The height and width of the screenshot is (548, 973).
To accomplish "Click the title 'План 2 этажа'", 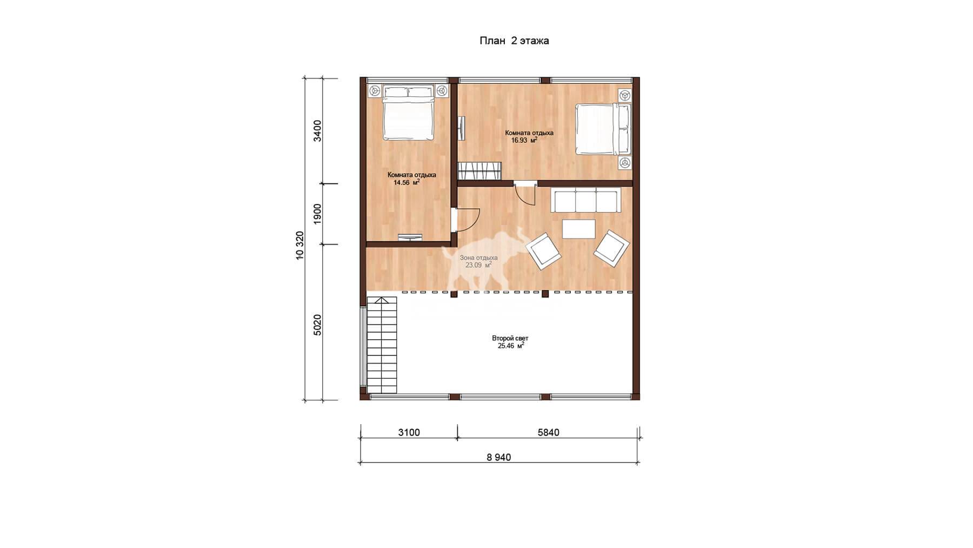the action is [x=514, y=41].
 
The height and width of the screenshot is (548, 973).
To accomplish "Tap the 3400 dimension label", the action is [x=317, y=131].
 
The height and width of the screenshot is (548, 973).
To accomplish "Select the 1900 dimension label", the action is [x=317, y=214].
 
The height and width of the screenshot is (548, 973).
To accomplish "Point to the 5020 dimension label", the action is [x=317, y=325].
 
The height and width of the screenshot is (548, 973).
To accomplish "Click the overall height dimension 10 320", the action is [x=299, y=246].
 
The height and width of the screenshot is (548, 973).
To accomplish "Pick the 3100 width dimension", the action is [x=409, y=432].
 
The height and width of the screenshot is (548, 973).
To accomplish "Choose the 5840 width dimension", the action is [x=548, y=432].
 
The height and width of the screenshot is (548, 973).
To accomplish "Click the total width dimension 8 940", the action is [x=498, y=457].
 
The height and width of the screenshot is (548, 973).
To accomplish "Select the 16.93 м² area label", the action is [x=524, y=140].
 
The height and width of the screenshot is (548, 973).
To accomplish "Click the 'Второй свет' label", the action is [x=510, y=338].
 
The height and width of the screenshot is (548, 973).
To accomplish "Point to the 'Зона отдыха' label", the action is [x=478, y=258].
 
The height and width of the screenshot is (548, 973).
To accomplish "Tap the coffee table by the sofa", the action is [x=579, y=229].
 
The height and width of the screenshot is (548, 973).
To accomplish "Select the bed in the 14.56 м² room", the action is [x=409, y=113].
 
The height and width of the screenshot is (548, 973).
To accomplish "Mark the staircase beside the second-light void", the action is [x=382, y=346].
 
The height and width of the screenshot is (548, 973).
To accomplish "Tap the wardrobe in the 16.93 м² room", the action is [x=480, y=171].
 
